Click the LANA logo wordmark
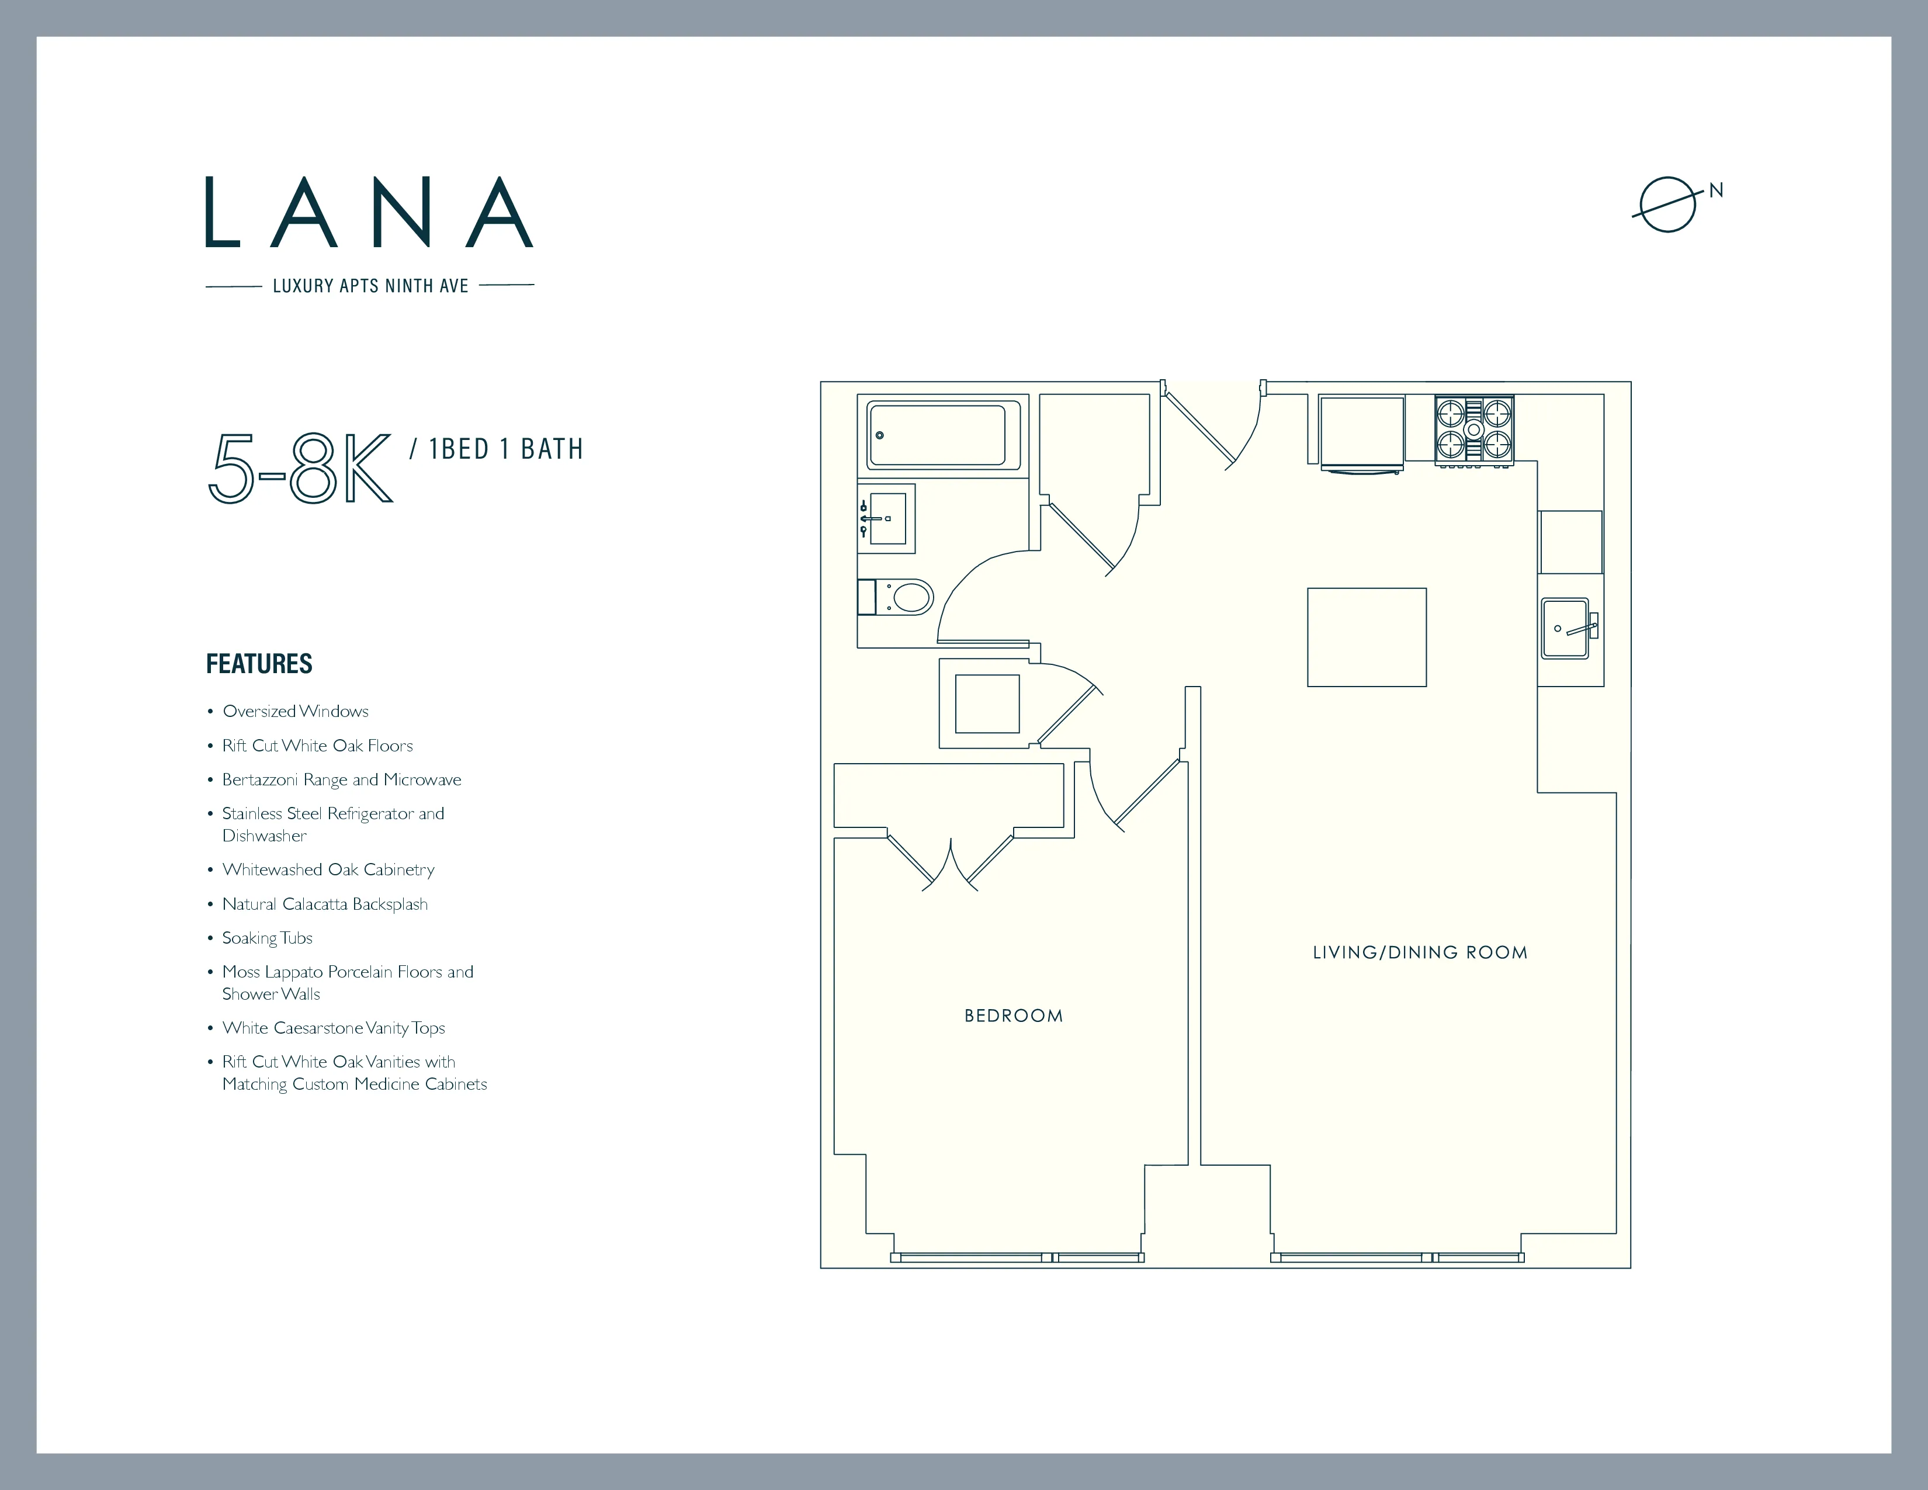point(369,213)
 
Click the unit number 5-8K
point(300,468)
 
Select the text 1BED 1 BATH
point(506,449)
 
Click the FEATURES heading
point(259,664)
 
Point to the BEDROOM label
point(1014,1016)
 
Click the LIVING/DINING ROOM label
point(1420,952)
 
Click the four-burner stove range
point(1473,430)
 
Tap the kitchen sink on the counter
point(1566,629)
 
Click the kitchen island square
point(1367,637)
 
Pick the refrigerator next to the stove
point(1361,432)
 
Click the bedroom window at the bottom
point(1017,1257)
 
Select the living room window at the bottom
point(1396,1257)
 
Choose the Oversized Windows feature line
point(295,712)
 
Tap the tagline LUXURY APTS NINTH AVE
point(370,286)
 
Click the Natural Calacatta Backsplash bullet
point(324,904)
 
